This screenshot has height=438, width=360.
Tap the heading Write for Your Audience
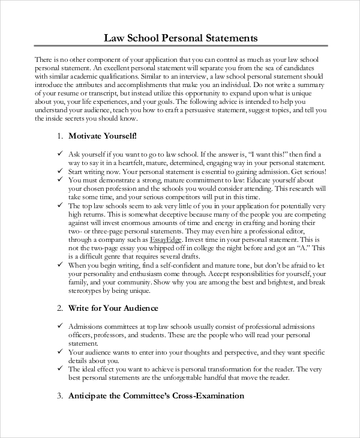tap(113, 308)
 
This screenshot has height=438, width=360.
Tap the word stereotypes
tap(94, 290)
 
